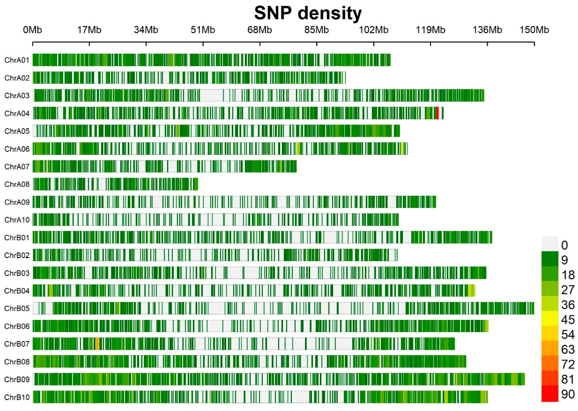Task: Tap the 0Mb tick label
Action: (32, 30)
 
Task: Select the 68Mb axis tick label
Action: (260, 30)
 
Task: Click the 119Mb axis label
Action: (430, 30)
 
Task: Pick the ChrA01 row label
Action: (17, 60)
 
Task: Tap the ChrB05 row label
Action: (17, 309)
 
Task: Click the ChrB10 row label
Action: (17, 397)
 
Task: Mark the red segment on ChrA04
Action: (437, 113)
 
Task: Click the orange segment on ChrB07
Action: (97, 344)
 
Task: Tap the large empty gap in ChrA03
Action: (211, 95)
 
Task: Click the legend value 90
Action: (568, 394)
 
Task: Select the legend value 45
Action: (568, 320)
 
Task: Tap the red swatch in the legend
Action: (550, 393)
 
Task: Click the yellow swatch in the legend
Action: (550, 318)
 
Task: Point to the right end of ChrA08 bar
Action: (197, 184)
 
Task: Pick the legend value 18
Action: (568, 275)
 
